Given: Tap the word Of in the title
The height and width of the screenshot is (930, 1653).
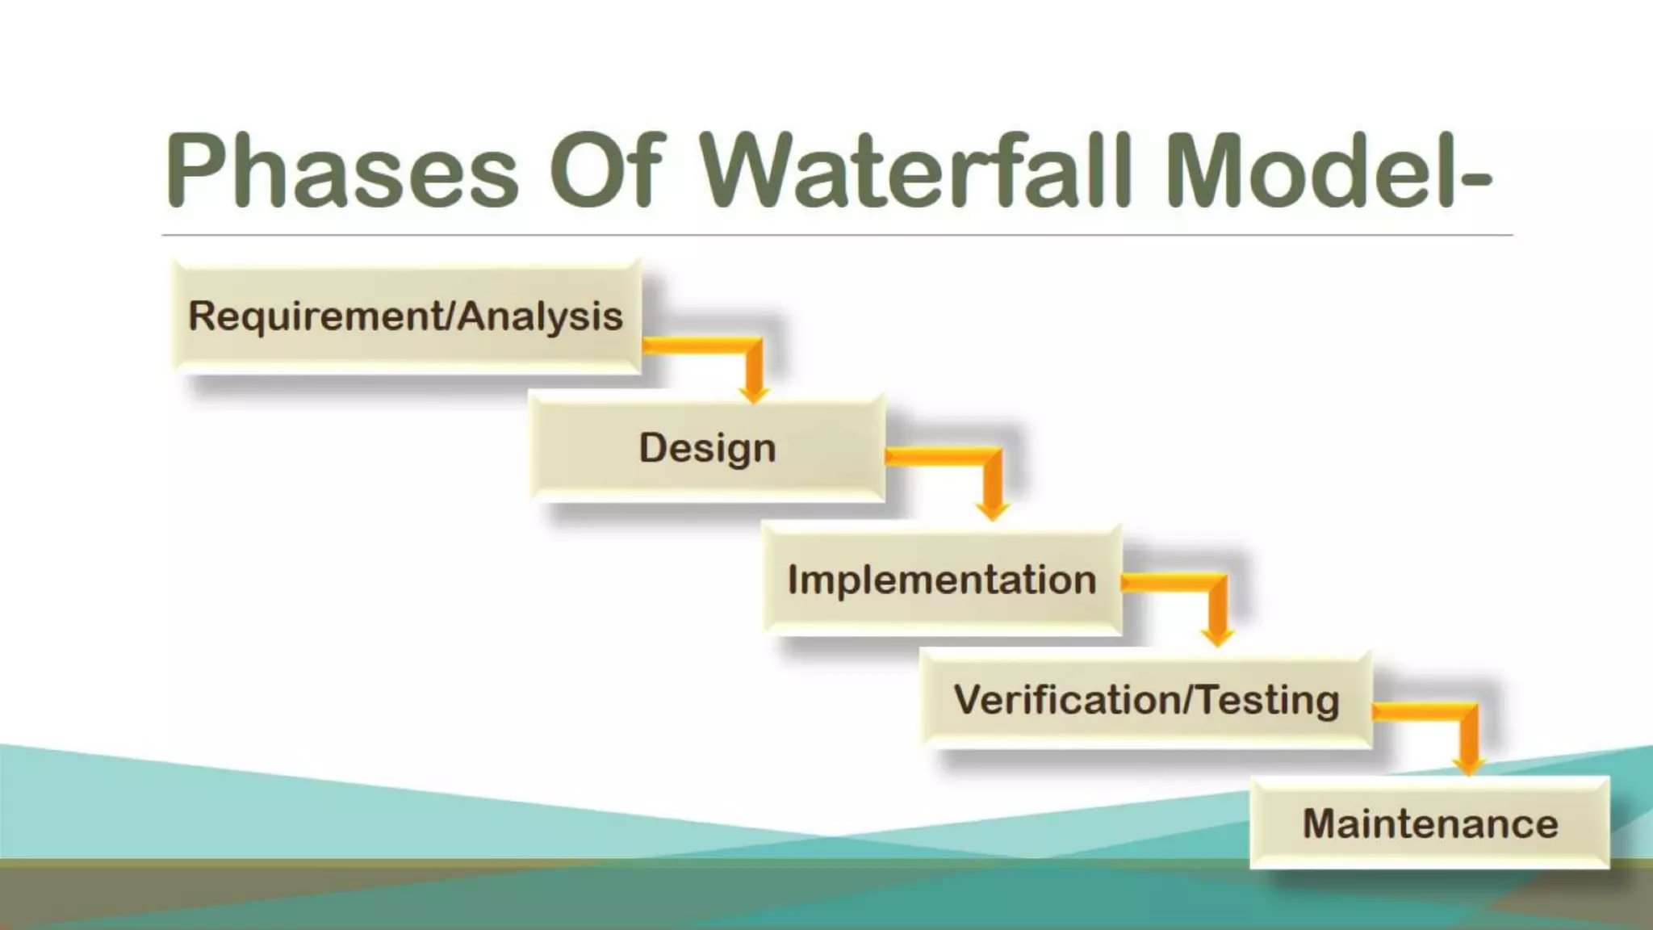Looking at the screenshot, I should (x=607, y=171).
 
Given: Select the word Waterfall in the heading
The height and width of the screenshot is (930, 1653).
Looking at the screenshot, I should (x=916, y=171).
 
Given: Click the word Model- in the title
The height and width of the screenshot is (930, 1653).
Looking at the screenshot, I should (x=1328, y=171).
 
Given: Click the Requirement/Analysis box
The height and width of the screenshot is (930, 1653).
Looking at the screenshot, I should (x=407, y=316).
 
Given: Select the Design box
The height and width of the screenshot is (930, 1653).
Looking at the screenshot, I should (x=707, y=448).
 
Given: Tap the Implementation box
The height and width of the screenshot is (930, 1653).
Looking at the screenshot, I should (x=941, y=580).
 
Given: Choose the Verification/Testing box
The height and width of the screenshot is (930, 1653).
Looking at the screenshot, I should (x=1146, y=699).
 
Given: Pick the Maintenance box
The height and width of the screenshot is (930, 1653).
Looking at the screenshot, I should (x=1429, y=823).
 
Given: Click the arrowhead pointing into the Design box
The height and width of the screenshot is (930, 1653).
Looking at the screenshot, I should (x=754, y=393).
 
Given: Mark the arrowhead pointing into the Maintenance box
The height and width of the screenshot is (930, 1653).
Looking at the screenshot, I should (x=1468, y=765).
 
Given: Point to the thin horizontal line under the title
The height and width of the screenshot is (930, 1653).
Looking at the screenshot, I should (x=836, y=235).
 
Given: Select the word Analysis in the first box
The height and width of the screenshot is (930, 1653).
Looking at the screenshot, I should (x=541, y=316).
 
